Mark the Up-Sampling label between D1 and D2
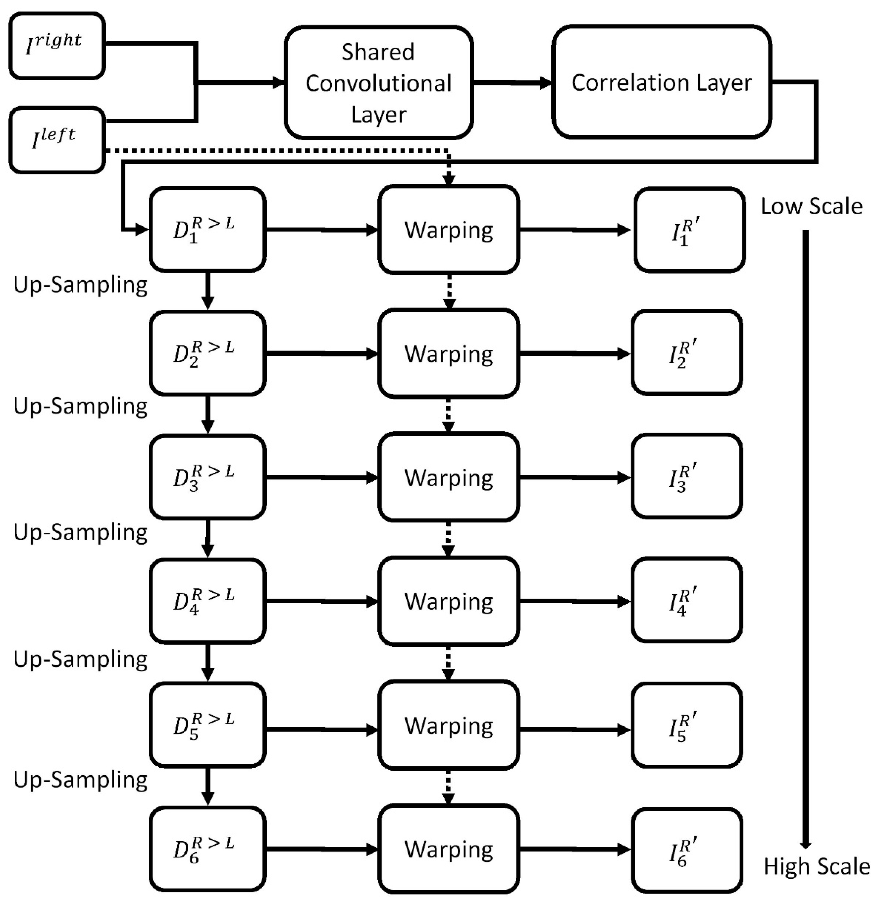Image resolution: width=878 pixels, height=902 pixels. (x=81, y=285)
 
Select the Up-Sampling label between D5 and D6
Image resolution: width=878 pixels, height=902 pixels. (x=81, y=780)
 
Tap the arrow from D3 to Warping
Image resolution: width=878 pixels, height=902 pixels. (x=321, y=477)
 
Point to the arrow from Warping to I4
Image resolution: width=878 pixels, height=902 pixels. (x=574, y=601)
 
